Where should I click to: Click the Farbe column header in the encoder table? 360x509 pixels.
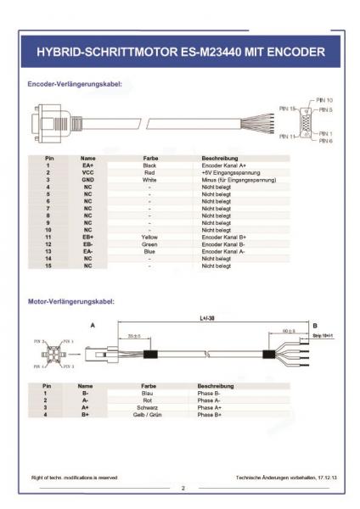pos(149,158)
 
